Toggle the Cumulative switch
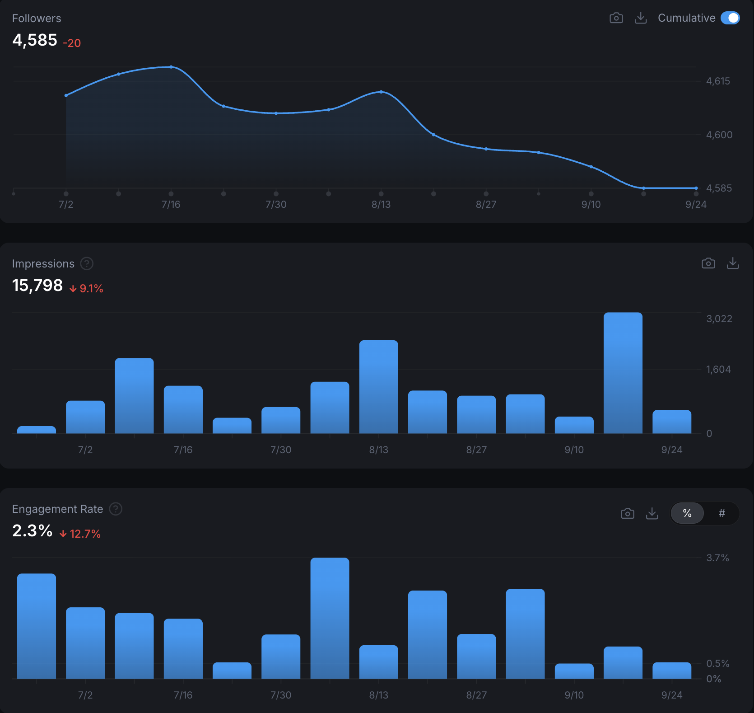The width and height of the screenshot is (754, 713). pos(730,18)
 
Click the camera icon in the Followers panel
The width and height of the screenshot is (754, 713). pos(616,18)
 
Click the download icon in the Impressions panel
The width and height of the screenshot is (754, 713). pos(732,263)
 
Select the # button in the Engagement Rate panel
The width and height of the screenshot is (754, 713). pos(721,513)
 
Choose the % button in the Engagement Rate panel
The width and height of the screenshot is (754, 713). pos(687,513)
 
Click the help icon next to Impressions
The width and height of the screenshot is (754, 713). pos(87,263)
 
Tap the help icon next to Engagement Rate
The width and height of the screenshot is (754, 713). pos(116,509)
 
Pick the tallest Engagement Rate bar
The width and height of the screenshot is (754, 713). pos(330,618)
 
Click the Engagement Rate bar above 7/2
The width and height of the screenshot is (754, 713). pos(85,643)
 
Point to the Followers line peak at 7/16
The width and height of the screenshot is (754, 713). pos(171,67)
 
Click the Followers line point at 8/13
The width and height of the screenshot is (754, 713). pos(381,92)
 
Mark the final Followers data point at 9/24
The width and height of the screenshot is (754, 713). pos(696,188)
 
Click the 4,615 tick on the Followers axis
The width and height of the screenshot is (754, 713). pos(718,81)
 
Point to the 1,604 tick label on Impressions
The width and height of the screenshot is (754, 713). pos(718,370)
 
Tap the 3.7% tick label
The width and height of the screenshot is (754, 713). pos(717,558)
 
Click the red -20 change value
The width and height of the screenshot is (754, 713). pos(72,43)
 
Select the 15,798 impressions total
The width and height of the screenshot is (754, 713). pos(37,286)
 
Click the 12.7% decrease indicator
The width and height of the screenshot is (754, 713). pos(80,534)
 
